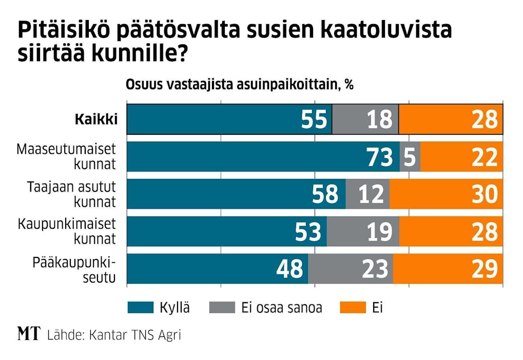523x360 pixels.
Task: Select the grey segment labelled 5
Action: (410, 157)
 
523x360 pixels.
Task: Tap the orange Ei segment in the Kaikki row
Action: (451, 119)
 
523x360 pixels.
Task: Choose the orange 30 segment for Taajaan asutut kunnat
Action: (446, 194)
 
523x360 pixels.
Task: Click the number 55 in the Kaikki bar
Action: (314, 120)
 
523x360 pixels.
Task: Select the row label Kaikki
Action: (96, 119)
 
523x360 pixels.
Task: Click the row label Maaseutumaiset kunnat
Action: (67, 157)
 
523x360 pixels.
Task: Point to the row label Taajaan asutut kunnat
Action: (72, 194)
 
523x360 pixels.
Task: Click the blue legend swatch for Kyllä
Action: (140, 308)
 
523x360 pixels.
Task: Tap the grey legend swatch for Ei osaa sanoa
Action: (223, 308)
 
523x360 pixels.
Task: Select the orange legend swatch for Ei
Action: (353, 308)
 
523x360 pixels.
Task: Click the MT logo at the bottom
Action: (29, 335)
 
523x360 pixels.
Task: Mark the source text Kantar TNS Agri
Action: (135, 335)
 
